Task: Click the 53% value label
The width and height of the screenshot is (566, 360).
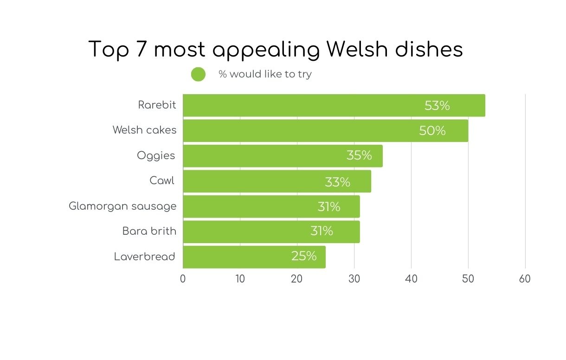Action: pyautogui.click(x=437, y=106)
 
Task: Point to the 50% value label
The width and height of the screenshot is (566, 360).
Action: pyautogui.click(x=432, y=131)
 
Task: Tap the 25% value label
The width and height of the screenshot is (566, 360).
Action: pyautogui.click(x=304, y=256)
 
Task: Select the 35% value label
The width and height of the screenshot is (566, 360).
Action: pyautogui.click(x=359, y=155)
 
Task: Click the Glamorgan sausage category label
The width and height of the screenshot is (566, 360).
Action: pyautogui.click(x=122, y=206)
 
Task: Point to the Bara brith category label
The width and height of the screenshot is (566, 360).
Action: pyautogui.click(x=149, y=231)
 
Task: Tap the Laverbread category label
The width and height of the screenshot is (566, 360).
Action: pyautogui.click(x=145, y=257)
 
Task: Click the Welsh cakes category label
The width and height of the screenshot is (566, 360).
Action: pyautogui.click(x=144, y=130)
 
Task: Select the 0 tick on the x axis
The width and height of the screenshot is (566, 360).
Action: pyautogui.click(x=183, y=279)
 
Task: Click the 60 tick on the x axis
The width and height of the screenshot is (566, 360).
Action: pyautogui.click(x=525, y=279)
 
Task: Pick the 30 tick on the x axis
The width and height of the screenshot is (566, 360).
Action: pyautogui.click(x=354, y=279)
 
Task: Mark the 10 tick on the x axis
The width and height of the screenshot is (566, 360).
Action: pyautogui.click(x=240, y=279)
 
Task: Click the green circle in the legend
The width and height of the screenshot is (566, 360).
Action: pyautogui.click(x=198, y=74)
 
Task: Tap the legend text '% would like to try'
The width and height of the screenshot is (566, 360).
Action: pyautogui.click(x=265, y=74)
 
